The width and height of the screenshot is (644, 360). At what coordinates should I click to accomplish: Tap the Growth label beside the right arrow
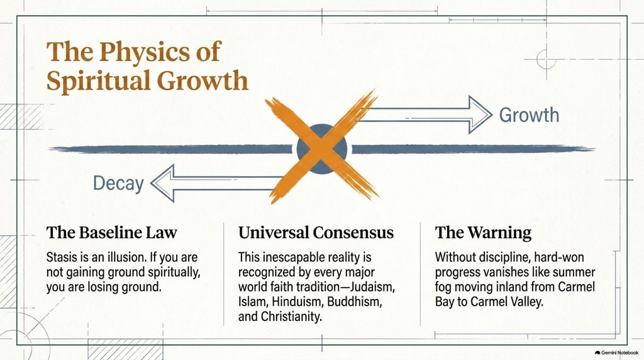tap(529, 115)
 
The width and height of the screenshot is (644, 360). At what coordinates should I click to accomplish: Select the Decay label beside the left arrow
tap(118, 183)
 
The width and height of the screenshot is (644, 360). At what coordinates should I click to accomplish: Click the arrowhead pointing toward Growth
tap(480, 115)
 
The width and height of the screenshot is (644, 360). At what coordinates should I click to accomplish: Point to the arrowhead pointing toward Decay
tap(163, 183)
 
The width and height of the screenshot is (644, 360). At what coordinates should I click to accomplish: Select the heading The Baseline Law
tap(112, 233)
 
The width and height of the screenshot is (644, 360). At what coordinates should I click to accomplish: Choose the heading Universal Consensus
tap(316, 233)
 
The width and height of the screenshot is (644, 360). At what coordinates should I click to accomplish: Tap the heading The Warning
tap(483, 233)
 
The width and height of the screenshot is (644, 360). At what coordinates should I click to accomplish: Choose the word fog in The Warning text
tap(443, 287)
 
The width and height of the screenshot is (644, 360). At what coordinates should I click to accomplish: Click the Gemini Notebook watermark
tap(616, 352)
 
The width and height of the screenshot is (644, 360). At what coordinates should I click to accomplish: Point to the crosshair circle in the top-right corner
tap(547, 59)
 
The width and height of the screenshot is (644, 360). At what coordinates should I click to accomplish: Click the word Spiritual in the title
tap(99, 81)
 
